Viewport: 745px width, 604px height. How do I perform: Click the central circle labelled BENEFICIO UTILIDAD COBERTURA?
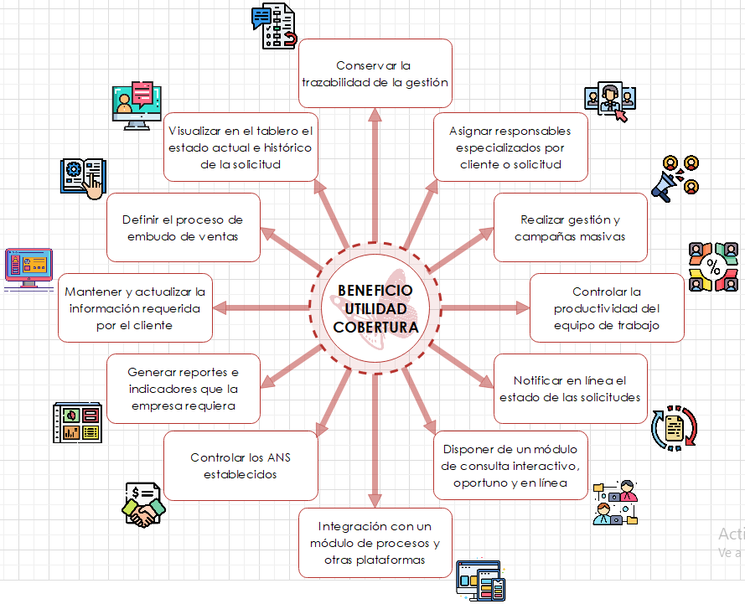pyautogui.click(x=375, y=308)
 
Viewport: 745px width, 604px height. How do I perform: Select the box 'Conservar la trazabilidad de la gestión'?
pyautogui.click(x=375, y=74)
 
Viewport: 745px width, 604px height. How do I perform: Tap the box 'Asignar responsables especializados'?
pyautogui.click(x=510, y=147)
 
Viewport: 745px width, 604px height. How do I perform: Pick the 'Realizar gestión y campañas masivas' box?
pyautogui.click(x=570, y=228)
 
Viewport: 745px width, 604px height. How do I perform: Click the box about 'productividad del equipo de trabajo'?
pyautogui.click(x=606, y=308)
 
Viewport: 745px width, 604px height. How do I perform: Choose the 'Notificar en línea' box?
pyautogui.click(x=570, y=388)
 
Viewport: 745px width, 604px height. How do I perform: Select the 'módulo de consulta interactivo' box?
pyautogui.click(x=510, y=465)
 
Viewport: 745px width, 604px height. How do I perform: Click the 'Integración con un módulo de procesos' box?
pyautogui.click(x=375, y=543)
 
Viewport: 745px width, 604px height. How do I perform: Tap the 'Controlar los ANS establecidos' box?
pyautogui.click(x=240, y=466)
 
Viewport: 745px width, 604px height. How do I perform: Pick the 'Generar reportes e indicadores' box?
pyautogui.click(x=183, y=388)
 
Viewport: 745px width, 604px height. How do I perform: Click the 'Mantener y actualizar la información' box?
pyautogui.click(x=134, y=308)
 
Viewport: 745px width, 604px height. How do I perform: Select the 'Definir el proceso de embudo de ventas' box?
pyautogui.click(x=183, y=228)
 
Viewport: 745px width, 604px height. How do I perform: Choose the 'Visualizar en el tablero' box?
pyautogui.click(x=240, y=147)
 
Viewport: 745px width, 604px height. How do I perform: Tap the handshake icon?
pyautogui.click(x=143, y=505)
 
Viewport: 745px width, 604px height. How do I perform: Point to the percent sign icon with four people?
pyautogui.click(x=713, y=267)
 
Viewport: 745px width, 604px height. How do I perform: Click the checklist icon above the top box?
pyautogui.click(x=274, y=27)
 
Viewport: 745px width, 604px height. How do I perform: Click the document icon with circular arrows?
pyautogui.click(x=674, y=428)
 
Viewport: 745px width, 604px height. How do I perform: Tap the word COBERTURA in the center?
pyautogui.click(x=375, y=326)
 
